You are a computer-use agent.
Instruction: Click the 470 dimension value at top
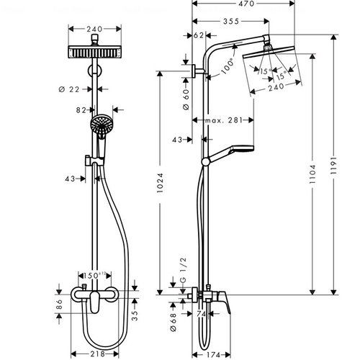tap(246, 4)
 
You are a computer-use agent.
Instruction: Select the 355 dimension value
tap(231, 22)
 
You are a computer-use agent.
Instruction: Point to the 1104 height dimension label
tap(312, 174)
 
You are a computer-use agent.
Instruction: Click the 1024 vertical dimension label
tap(160, 183)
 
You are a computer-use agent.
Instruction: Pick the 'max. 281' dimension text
tap(224, 120)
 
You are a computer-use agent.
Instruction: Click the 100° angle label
tap(227, 66)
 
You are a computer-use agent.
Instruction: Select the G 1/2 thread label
tap(183, 270)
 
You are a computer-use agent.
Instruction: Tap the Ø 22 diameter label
tap(69, 89)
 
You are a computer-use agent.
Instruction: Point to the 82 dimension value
tap(81, 110)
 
